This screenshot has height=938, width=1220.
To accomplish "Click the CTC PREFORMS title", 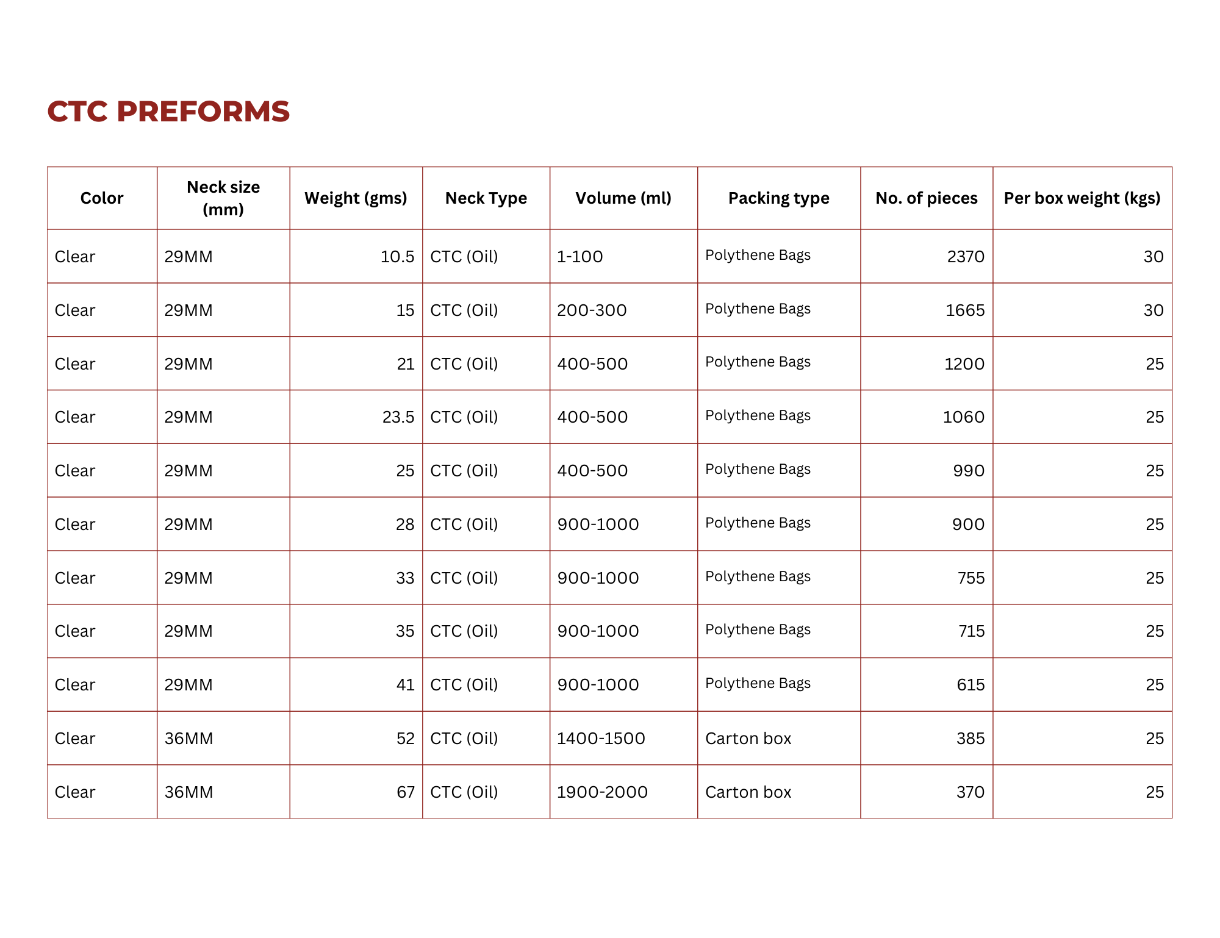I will [168, 111].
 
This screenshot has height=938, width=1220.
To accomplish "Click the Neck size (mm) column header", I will [223, 198].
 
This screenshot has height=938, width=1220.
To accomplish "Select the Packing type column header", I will [778, 198].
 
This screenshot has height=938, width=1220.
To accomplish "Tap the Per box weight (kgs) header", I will [1082, 198].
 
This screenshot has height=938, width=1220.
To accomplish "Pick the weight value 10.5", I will [397, 257].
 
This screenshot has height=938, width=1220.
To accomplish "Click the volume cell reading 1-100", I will [579, 257].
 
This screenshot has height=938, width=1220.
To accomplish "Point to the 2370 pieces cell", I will [966, 257].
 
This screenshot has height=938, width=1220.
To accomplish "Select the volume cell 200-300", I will [592, 310].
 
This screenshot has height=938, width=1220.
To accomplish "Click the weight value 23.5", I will [398, 417].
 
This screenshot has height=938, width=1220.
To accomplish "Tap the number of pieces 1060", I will [964, 417].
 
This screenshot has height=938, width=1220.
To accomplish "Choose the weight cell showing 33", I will [405, 578].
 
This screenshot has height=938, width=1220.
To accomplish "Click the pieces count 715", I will [971, 631].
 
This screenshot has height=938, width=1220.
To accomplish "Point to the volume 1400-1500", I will [601, 739].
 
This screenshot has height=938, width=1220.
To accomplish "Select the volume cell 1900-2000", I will [602, 792].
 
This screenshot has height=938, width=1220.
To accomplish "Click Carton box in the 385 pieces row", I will [748, 739].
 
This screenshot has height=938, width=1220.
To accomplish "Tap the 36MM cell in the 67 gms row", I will [188, 792].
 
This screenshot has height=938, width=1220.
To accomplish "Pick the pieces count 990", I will [969, 471].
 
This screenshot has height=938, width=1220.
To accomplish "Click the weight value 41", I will [405, 685].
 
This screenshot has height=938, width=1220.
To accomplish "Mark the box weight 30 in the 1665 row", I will [1154, 310].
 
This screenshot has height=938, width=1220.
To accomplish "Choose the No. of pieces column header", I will [926, 198].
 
